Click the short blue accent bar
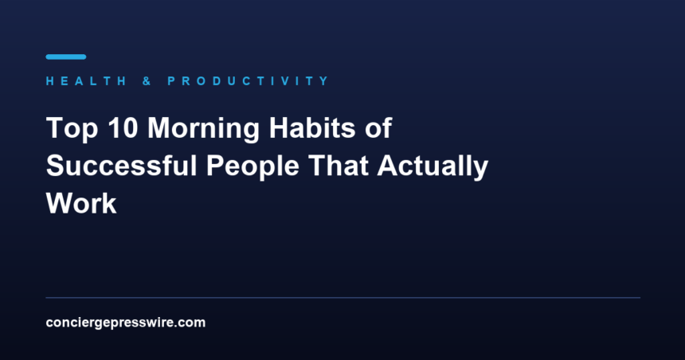tap(66, 57)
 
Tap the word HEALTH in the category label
tap(86, 80)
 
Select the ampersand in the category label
tap(147, 80)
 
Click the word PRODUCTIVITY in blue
tap(249, 80)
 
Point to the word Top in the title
tap(72, 128)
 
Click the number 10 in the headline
tap(123, 127)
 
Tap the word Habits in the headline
tap(312, 127)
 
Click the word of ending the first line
tap(378, 127)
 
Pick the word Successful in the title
tap(121, 166)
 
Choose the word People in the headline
tap(252, 166)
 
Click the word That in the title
tap(339, 166)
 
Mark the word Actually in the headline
tap(433, 166)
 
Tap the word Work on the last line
tap(81, 204)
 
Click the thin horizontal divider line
tap(343, 298)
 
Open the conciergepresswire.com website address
tap(125, 323)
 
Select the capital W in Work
tap(61, 204)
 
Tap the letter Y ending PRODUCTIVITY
tap(325, 80)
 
